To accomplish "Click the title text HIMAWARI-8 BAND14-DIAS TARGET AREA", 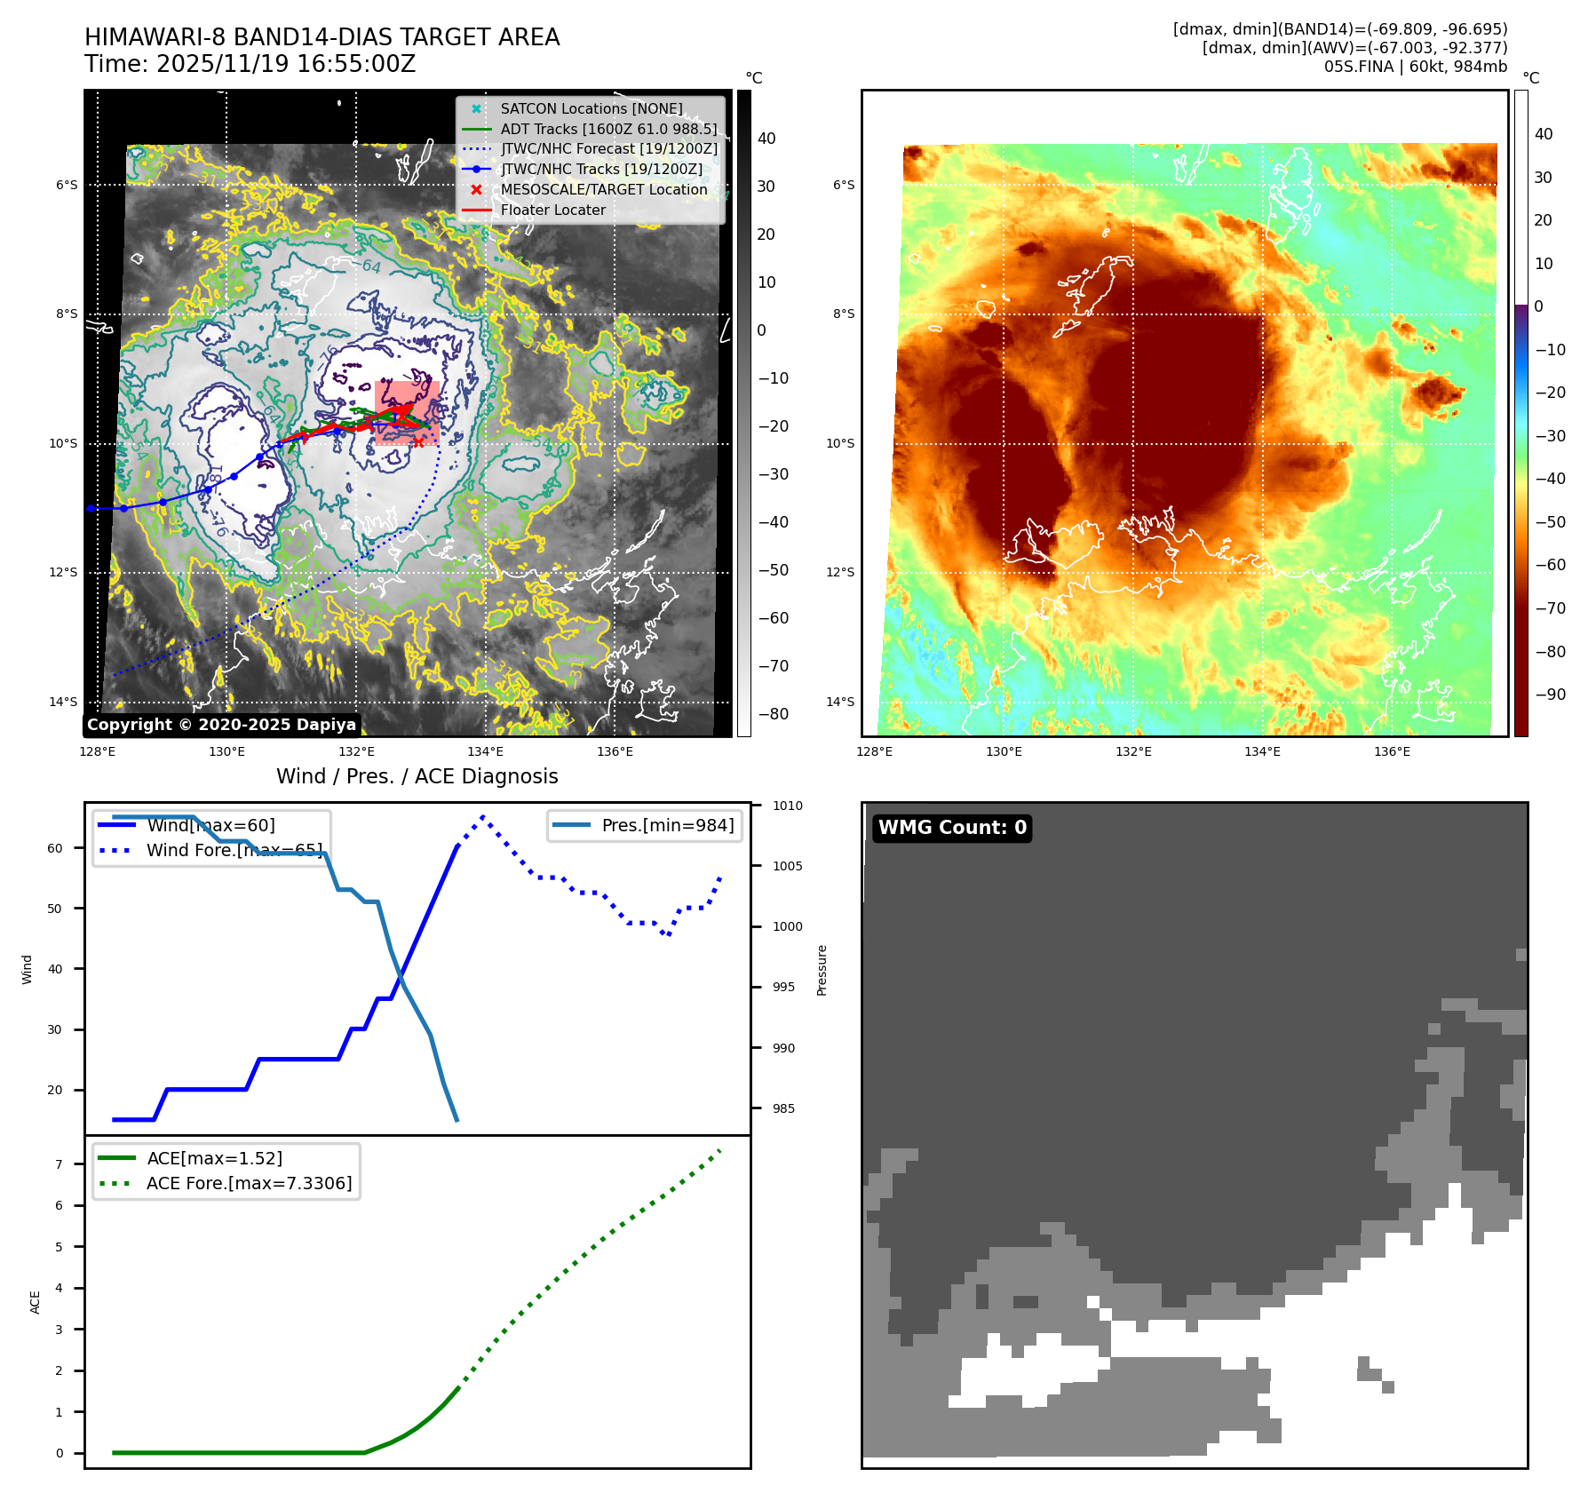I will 322,37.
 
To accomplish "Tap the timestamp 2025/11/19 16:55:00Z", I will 285,64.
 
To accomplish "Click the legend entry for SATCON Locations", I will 591,108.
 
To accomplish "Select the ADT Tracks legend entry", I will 607,129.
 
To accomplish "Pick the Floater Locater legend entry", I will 552,210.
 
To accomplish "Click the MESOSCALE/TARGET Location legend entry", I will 603,189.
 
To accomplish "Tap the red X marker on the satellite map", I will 418,441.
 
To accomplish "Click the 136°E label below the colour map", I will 1392,751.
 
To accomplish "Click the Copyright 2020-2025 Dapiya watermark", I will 221,725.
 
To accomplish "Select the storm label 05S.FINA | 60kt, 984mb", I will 1415,67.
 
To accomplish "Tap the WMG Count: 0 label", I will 952,828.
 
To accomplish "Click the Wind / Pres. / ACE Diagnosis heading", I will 417,776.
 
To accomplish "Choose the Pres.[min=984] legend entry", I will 667,825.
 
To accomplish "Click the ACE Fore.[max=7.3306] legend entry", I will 249,1183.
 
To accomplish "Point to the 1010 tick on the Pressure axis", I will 787,806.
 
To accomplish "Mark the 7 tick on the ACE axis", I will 60,1163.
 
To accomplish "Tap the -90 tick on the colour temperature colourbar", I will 1550,695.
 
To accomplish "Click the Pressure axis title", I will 822,970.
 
